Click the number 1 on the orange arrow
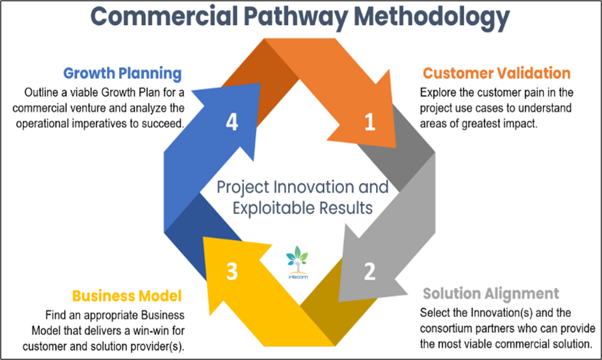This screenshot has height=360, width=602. coord(370,122)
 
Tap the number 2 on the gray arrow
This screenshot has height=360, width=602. coord(369,271)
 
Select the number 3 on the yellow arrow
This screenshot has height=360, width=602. coord(232,271)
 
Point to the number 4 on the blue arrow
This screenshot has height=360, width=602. coord(232,122)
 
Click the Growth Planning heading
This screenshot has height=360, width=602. coord(122,73)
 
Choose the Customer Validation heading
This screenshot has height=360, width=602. coord(497,73)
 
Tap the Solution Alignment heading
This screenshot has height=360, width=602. coord(491,294)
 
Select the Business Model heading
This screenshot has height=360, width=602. coord(127,296)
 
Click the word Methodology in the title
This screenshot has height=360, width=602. coord(432,17)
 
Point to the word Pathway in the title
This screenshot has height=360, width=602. coord(296,17)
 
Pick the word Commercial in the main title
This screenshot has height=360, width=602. coord(164,17)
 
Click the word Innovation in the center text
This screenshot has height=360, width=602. coord(314,187)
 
